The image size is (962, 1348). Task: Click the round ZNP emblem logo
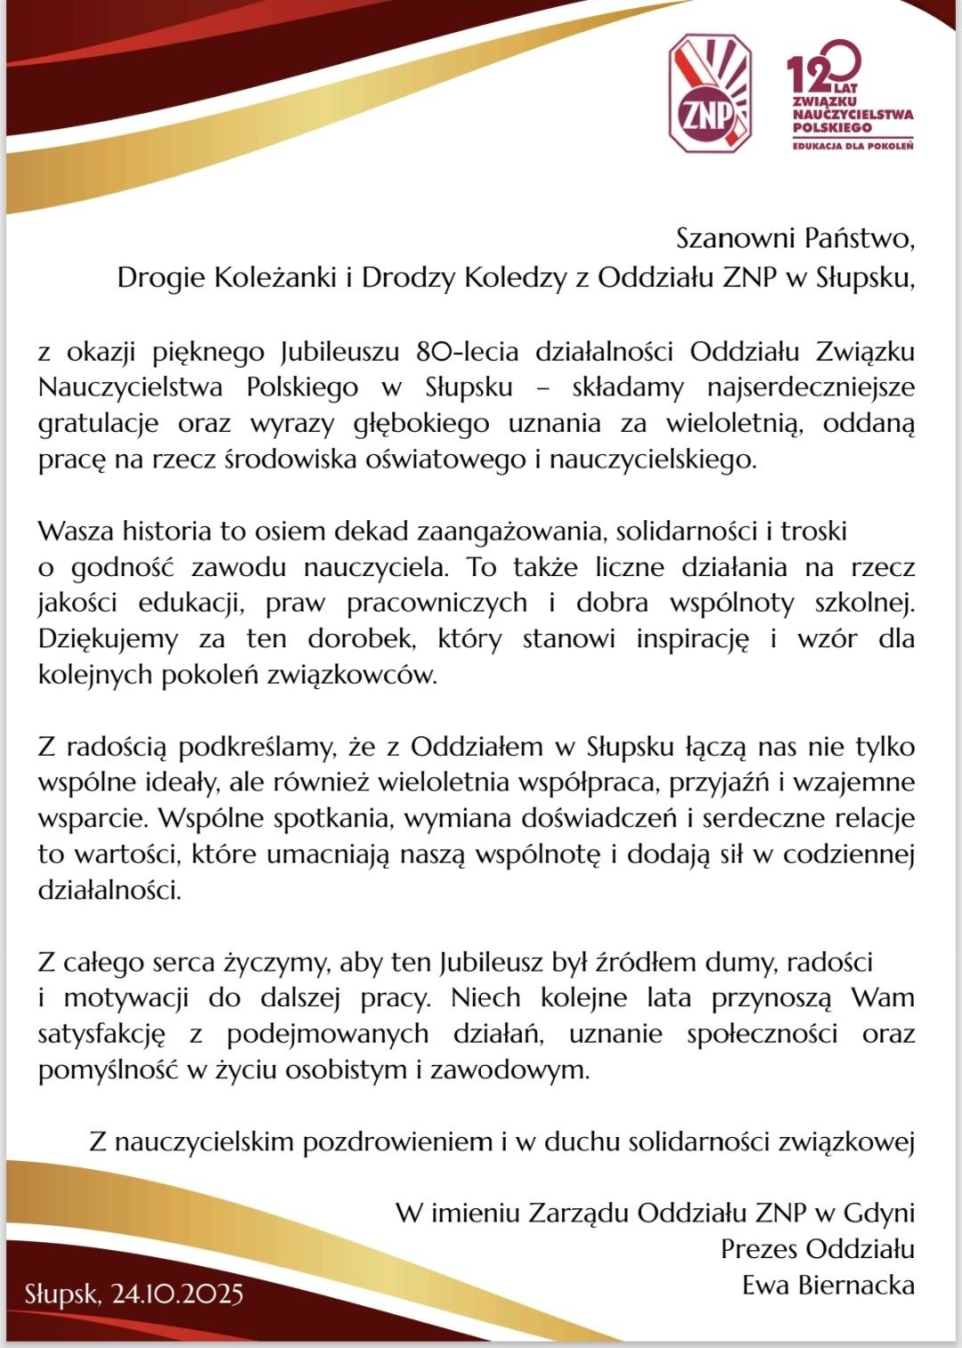tap(709, 93)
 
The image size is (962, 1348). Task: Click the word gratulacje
tap(98, 424)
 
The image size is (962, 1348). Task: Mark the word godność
tap(121, 567)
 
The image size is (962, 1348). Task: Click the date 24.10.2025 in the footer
tap(176, 1294)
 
